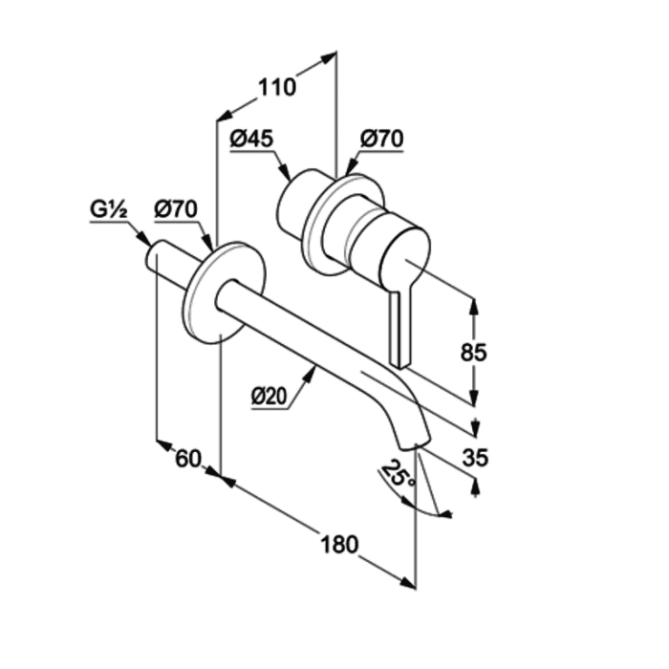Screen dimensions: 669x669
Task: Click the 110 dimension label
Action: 277,87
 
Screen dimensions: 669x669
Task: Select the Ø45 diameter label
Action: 251,139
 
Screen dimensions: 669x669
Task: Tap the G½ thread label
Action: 108,209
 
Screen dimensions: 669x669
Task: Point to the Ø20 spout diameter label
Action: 269,396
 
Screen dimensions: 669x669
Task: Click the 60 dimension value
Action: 188,459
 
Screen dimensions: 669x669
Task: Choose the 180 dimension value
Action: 339,545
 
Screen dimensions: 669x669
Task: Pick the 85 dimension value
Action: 474,353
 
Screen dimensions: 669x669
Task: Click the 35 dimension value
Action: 475,458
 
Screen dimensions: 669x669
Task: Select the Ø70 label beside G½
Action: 176,209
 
